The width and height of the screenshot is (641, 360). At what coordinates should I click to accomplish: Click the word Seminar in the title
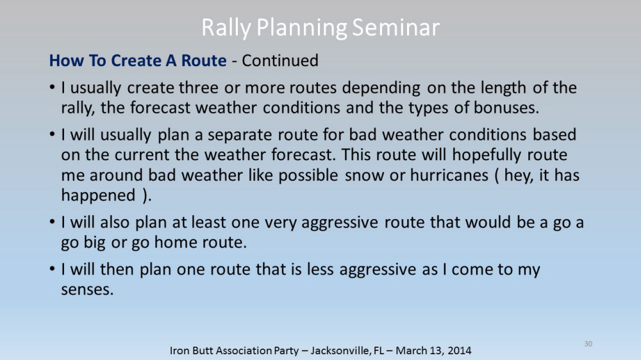[x=395, y=28]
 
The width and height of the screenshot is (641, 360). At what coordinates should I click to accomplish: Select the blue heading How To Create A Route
[x=138, y=60]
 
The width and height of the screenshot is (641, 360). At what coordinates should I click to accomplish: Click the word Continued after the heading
[x=280, y=60]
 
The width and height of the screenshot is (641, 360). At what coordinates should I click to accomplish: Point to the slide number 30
[x=588, y=343]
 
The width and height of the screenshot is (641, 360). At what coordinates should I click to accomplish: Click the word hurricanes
[x=449, y=175]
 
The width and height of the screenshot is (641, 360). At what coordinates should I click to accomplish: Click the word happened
[x=98, y=196]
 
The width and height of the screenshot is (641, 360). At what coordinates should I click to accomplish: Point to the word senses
[x=87, y=290]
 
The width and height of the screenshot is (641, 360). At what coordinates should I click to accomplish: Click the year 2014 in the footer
[x=459, y=350]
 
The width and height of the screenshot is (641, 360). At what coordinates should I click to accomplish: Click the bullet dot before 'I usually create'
[x=52, y=88]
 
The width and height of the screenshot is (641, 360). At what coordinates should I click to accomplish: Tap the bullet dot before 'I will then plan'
[x=52, y=269]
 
